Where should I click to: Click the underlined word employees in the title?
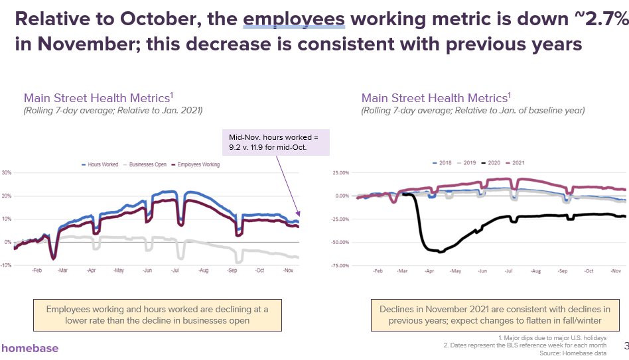(294, 19)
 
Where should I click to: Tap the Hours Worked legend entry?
(100, 164)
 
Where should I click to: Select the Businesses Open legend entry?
(145, 164)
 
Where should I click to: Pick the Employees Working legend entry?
(195, 164)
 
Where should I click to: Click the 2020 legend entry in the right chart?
(490, 162)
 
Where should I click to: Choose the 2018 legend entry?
(442, 162)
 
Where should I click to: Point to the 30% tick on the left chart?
(7, 173)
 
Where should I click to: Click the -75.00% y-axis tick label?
(340, 265)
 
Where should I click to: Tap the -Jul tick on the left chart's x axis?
(175, 270)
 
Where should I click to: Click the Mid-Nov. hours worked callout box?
(276, 143)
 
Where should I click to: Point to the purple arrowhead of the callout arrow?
(298, 213)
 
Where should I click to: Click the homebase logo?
(30, 348)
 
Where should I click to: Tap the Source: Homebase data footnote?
(573, 353)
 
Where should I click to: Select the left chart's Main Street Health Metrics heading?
(98, 98)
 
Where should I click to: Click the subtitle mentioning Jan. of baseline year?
(473, 110)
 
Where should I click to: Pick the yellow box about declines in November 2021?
(495, 315)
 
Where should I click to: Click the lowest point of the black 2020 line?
(440, 252)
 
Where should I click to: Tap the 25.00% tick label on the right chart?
(340, 173)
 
